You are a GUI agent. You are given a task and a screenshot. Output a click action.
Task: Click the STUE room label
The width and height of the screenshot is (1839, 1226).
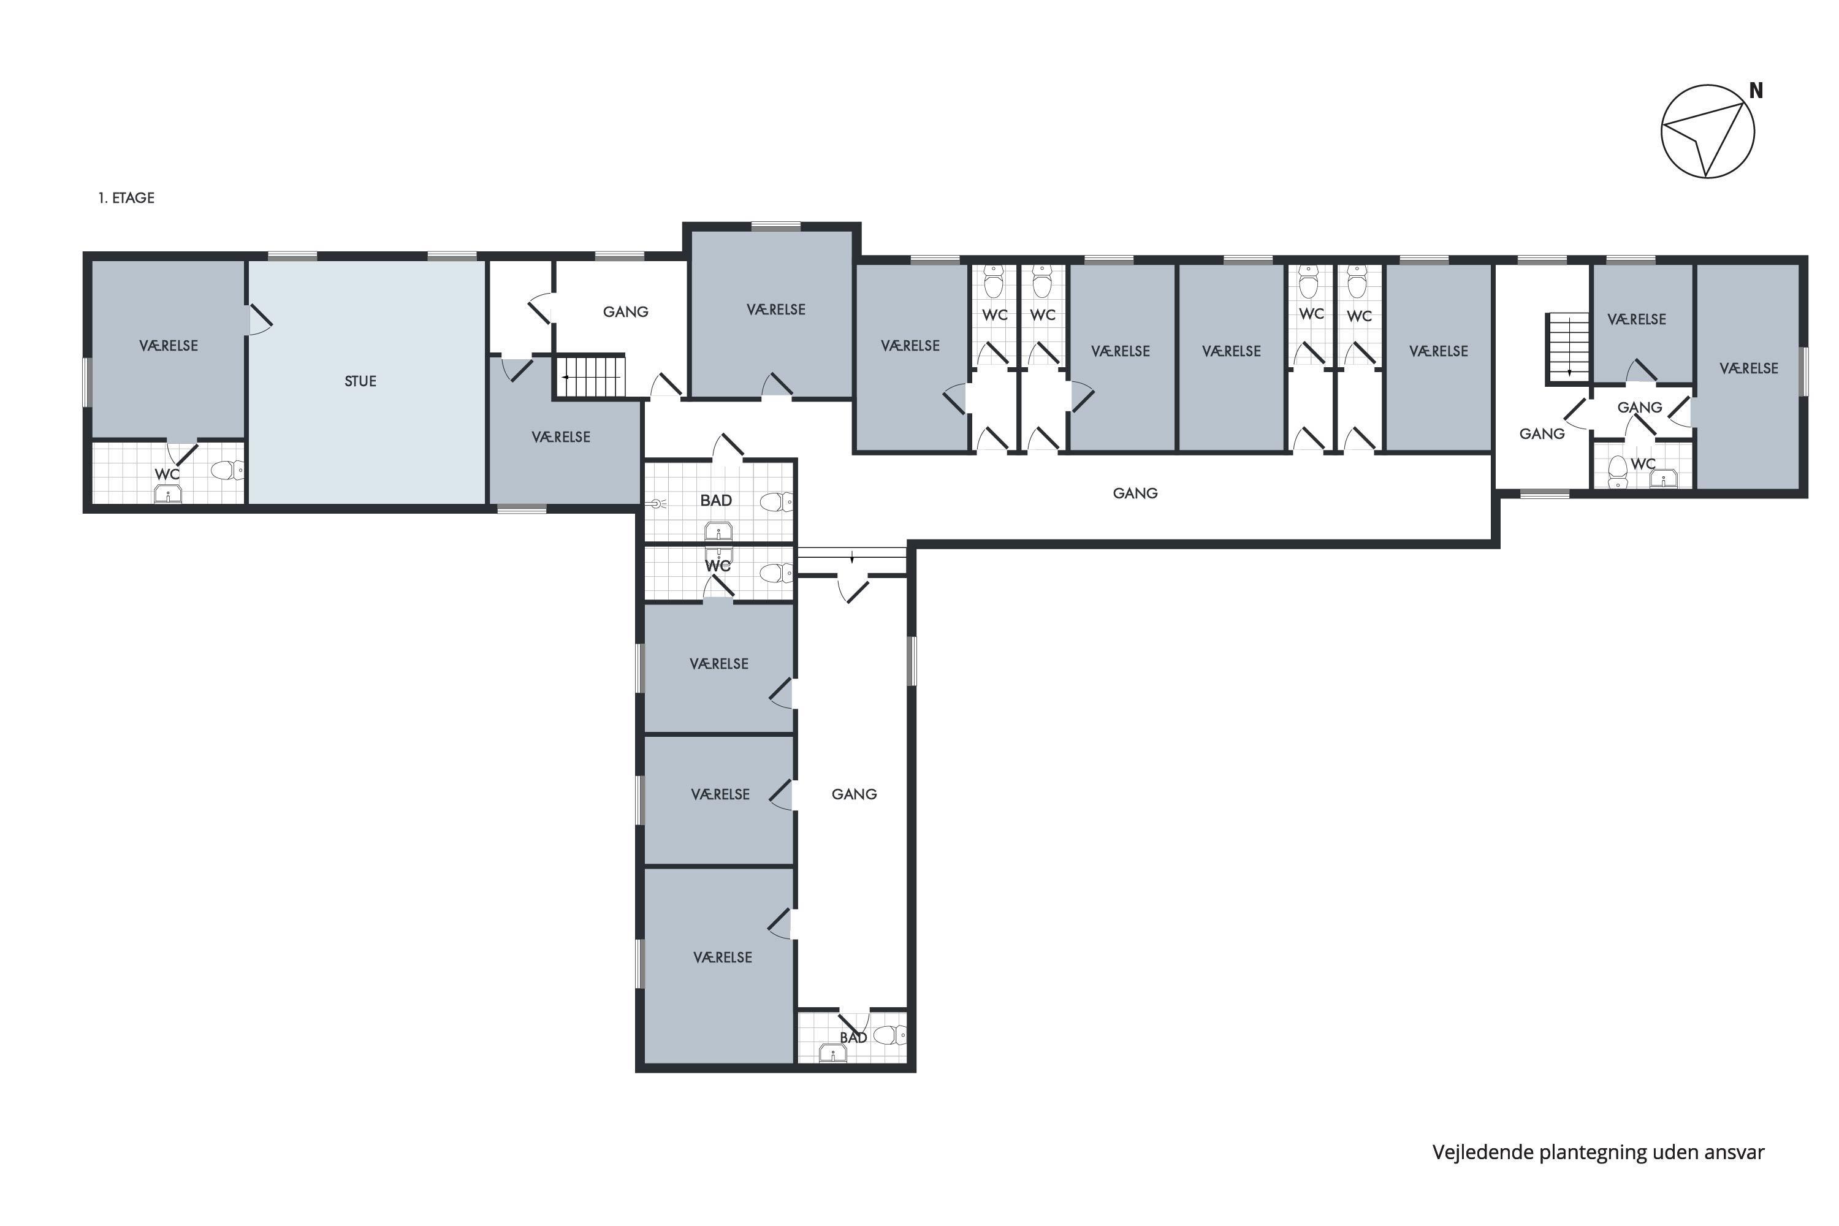click(360, 381)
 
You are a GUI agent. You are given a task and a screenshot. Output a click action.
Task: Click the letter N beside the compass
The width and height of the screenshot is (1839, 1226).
click(1756, 91)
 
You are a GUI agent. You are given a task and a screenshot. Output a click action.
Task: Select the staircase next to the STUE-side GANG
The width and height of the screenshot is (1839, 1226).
click(590, 376)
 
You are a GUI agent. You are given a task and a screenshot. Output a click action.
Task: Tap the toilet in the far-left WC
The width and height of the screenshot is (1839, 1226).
click(227, 470)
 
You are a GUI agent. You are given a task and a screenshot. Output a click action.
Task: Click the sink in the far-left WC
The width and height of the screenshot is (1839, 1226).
click(167, 493)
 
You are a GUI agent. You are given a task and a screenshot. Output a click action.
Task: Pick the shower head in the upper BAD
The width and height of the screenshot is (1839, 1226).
click(656, 503)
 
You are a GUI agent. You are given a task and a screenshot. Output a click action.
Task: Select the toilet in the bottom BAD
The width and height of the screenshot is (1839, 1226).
click(889, 1036)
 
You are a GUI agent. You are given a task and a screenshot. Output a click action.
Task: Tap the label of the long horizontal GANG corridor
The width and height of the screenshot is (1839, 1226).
click(1135, 493)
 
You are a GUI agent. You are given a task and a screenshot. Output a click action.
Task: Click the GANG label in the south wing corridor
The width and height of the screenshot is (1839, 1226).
click(854, 794)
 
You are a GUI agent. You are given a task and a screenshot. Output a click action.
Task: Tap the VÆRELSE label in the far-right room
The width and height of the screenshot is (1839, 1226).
click(1749, 368)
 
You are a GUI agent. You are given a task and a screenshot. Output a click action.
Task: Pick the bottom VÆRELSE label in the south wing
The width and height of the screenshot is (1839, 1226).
click(723, 957)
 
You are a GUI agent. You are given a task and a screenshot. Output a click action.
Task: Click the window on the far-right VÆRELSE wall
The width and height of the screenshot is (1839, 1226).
click(1805, 371)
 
